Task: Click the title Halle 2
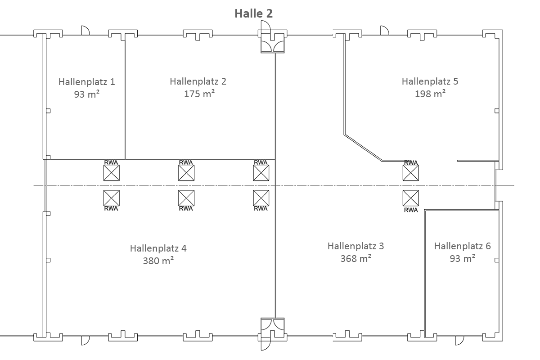click(254, 13)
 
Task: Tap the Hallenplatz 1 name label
click(87, 82)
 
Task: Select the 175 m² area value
click(199, 94)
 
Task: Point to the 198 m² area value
click(430, 94)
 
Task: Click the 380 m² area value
click(158, 261)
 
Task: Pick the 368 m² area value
click(356, 258)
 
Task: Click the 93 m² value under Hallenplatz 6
click(463, 258)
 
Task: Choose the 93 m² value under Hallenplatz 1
click(87, 94)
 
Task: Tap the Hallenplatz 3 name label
click(356, 246)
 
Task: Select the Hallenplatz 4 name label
click(158, 248)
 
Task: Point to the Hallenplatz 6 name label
click(463, 246)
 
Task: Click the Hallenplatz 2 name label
click(198, 81)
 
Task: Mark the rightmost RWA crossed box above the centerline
click(411, 173)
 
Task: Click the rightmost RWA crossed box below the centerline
click(411, 198)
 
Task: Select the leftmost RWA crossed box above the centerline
click(112, 173)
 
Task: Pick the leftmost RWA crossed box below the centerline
click(112, 198)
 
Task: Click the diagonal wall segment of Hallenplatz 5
click(363, 148)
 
